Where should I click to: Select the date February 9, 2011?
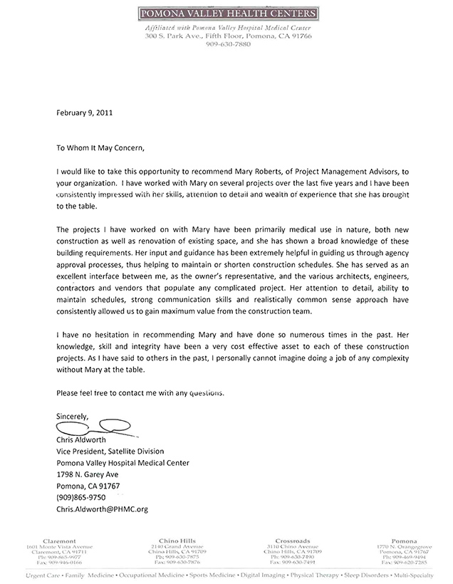coord(83,112)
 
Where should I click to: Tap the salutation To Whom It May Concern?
coord(100,149)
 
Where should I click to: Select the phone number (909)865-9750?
coord(81,498)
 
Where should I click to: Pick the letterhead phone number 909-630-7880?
coord(229,43)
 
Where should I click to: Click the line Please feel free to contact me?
coord(140,392)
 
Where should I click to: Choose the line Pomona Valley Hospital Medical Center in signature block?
coord(123,463)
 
